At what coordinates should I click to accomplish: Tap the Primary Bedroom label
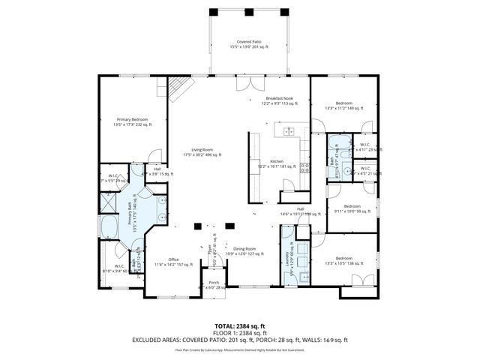pos(131,121)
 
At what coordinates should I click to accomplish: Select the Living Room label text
pos(202,152)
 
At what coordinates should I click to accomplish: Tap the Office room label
pos(173,262)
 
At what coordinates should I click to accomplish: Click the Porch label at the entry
pos(214,284)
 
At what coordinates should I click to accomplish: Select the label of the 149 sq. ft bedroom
pos(343,105)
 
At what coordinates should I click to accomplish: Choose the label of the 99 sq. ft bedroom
pos(352,208)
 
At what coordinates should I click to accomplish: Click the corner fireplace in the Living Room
pos(176,89)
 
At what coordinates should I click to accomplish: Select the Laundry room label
pos(288,256)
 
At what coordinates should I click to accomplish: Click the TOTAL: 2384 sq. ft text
pos(240,326)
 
